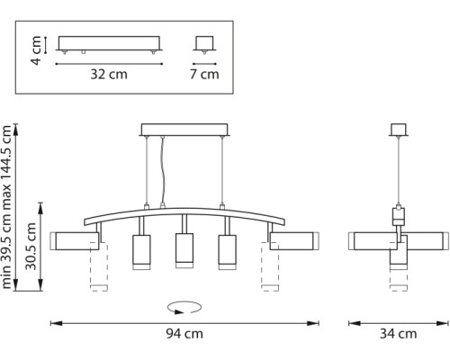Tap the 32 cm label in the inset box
110,74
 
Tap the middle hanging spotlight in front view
184,249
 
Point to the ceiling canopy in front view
184,130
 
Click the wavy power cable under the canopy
163,171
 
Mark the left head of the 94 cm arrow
52,321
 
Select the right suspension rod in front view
220,171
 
